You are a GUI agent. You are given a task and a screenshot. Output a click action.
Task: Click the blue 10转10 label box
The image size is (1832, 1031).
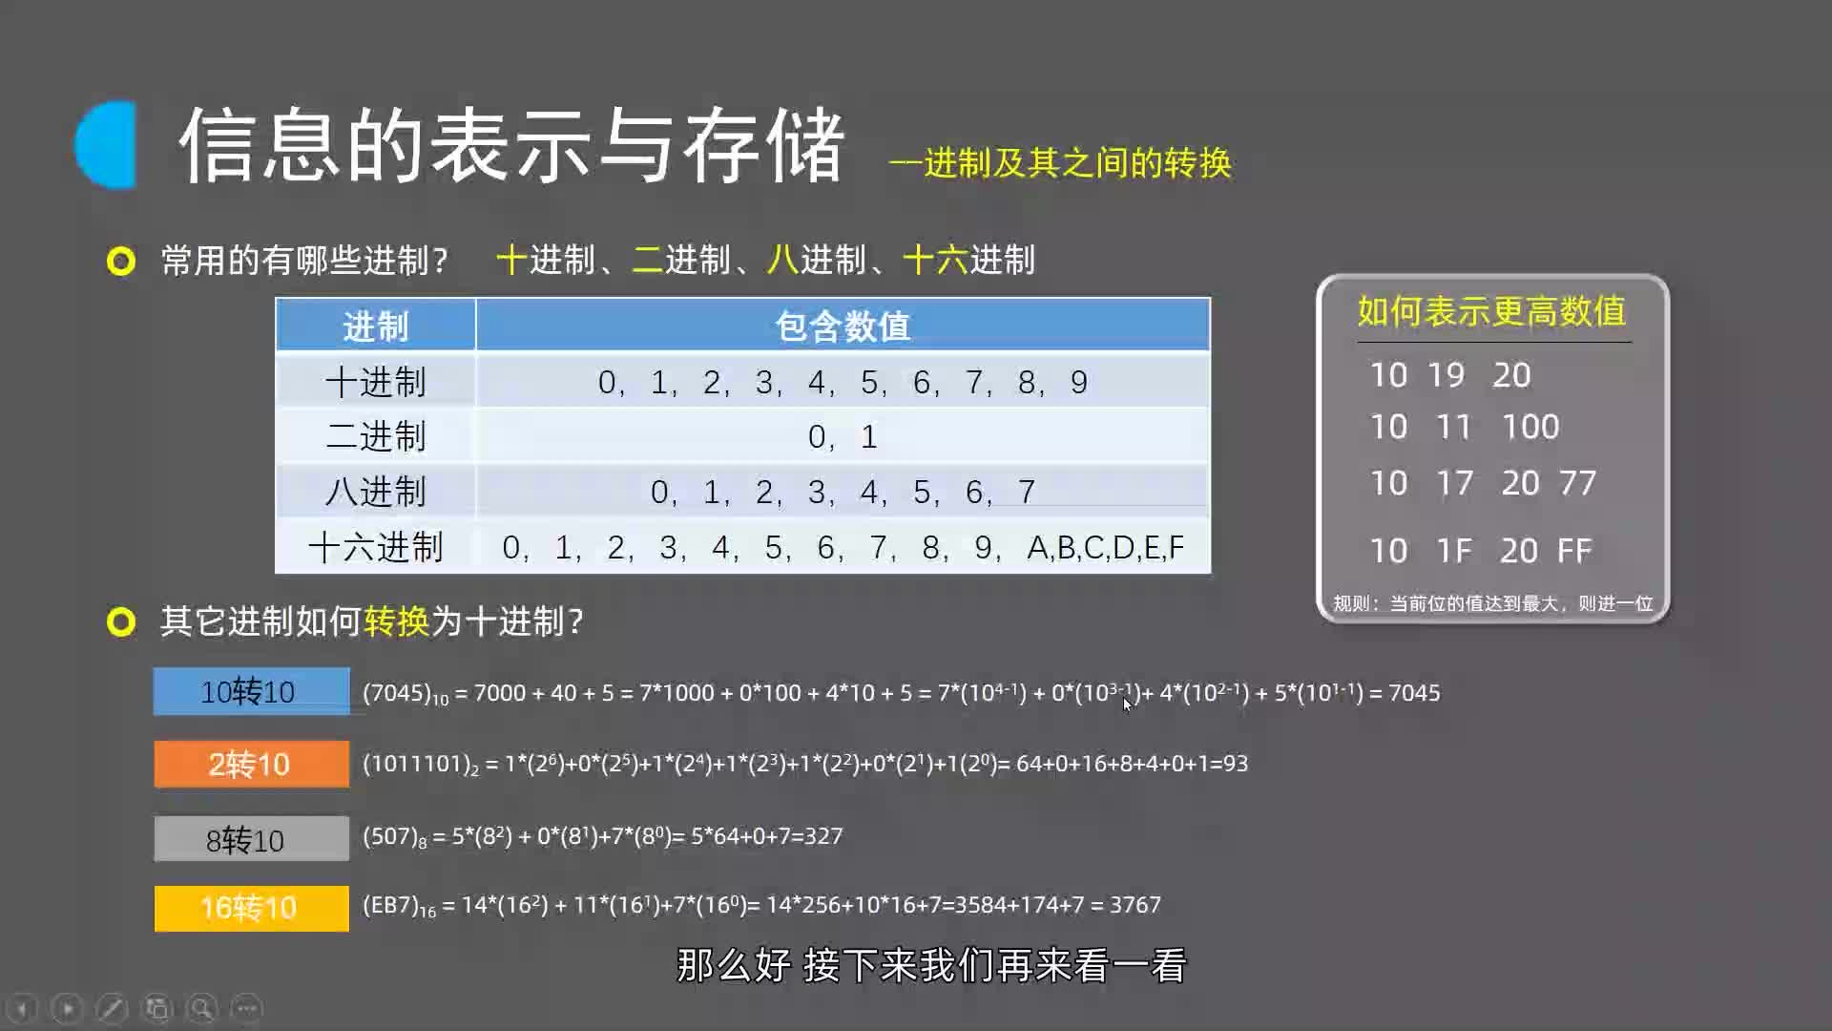click(251, 691)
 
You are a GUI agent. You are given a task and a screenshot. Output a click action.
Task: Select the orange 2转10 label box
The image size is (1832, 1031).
click(251, 764)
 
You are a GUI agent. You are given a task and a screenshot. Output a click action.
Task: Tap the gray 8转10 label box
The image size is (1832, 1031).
click(251, 838)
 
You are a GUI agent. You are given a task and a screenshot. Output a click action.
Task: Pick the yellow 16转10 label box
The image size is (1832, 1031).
click(251, 908)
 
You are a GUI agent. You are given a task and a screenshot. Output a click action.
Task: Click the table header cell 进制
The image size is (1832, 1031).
click(375, 326)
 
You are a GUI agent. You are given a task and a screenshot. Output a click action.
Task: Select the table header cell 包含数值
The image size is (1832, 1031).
click(843, 326)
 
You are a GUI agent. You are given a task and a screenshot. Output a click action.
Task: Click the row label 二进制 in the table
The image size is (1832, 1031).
click(375, 436)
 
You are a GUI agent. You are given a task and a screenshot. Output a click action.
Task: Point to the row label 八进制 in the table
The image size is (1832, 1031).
click(375, 492)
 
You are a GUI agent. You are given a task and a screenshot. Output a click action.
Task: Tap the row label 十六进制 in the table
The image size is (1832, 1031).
click(375, 547)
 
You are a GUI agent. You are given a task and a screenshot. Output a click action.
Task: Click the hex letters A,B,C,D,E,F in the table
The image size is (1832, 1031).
click(1105, 547)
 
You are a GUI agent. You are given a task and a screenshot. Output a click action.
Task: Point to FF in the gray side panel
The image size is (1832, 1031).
click(1574, 550)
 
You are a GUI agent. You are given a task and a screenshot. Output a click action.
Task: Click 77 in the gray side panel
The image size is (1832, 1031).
click(1577, 482)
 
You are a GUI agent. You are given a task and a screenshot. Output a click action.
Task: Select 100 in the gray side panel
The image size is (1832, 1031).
click(1530, 426)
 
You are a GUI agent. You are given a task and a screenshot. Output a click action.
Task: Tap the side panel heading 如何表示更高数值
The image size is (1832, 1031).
click(1491, 311)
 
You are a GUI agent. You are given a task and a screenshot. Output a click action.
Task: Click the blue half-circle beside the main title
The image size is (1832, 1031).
click(106, 145)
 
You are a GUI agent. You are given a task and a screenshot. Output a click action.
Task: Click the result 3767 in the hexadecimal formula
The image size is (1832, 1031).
click(1135, 904)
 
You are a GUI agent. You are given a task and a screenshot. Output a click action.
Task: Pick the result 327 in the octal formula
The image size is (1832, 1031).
click(823, 835)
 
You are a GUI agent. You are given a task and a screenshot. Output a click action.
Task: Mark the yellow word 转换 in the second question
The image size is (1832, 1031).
click(397, 621)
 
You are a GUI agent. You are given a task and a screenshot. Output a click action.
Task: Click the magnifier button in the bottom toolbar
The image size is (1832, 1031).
click(201, 1008)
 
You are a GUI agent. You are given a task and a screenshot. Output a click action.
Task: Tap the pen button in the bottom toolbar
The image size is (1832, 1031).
click(112, 1008)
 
